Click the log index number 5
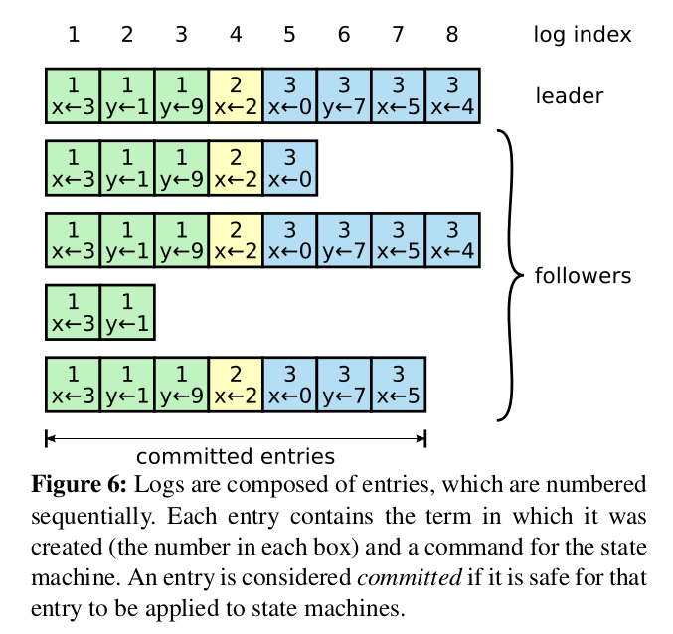(289, 35)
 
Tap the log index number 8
(452, 35)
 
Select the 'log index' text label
(583, 35)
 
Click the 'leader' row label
(570, 95)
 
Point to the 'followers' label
(583, 276)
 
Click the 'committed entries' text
(236, 456)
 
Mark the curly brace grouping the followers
(510, 275)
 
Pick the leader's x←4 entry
(453, 95)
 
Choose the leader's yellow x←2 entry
(236, 95)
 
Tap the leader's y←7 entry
(344, 95)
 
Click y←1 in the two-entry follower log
(127, 313)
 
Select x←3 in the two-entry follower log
(73, 313)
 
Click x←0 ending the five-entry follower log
(290, 168)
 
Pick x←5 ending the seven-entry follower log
(399, 385)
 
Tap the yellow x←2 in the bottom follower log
(236, 385)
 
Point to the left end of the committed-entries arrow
(46, 438)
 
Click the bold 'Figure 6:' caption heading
(79, 485)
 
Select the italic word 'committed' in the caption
(410, 577)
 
